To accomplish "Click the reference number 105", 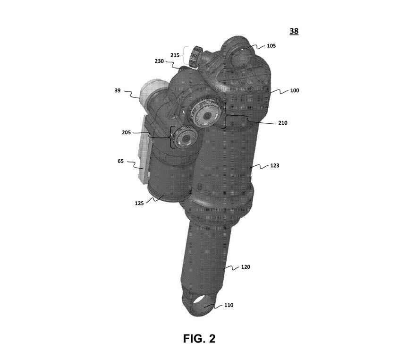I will pos(271,46).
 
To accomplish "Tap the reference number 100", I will pos(294,90).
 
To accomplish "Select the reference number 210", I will pos(283,123).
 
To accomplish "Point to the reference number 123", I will pos(274,166).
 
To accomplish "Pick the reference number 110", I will pos(229,305).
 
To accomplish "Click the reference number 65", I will pos(121,162).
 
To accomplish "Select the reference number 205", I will pos(126,133).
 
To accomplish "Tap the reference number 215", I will pos(175,55).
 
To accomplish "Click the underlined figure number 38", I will pos(294,31).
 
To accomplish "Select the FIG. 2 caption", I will pos(199,338).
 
